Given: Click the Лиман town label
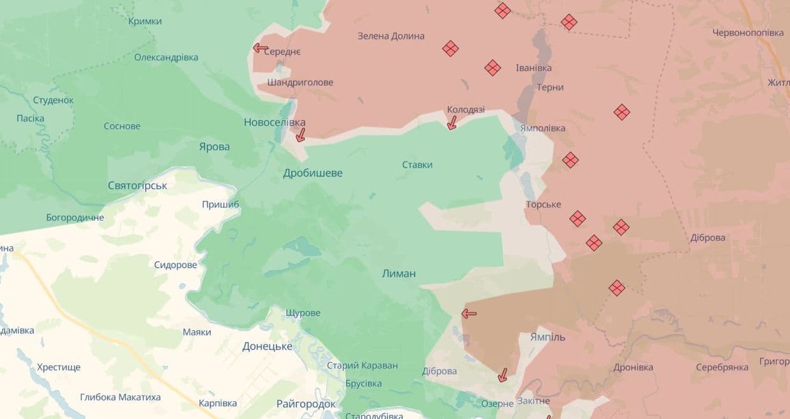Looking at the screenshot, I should [x=399, y=274].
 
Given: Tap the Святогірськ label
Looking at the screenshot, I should [x=138, y=186].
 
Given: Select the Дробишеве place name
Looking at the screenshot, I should [x=313, y=173].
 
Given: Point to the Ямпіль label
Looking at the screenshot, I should [x=547, y=337].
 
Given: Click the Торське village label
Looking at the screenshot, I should [x=543, y=205].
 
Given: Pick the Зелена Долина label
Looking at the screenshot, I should [x=391, y=36].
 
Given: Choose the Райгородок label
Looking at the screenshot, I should [x=306, y=404].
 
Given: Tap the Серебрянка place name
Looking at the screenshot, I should [x=722, y=368].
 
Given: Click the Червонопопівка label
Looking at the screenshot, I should [x=748, y=33].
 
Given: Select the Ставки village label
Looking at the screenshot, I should [x=417, y=165].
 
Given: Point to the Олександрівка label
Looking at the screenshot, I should [x=166, y=57].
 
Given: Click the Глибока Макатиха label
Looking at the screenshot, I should [x=120, y=397].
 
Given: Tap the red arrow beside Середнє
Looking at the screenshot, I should [x=260, y=48].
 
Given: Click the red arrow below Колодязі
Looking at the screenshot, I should [x=452, y=122].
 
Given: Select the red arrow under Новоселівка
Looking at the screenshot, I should [x=300, y=135].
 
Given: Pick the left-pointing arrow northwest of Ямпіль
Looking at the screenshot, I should [x=469, y=313].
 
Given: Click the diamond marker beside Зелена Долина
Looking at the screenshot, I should [x=450, y=48].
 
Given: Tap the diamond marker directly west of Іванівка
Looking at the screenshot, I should [x=492, y=68].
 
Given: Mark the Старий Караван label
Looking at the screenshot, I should [x=362, y=366].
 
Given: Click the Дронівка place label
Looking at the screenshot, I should [x=633, y=368].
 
